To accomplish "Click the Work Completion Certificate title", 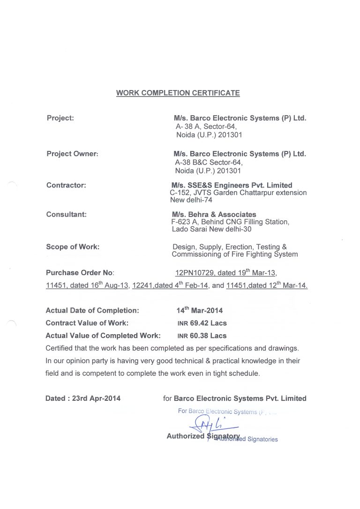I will coord(178,93).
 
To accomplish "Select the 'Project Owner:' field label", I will coord(72,154).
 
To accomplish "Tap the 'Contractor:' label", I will coord(66,185).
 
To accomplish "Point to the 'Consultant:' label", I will coord(67,214).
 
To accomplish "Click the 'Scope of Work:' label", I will coord(73,247).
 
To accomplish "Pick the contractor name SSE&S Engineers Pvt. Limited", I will coord(232,185).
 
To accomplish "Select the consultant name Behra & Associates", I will coord(214,214).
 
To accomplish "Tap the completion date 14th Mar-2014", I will coord(200,310).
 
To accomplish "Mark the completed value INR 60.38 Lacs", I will coord(202,336).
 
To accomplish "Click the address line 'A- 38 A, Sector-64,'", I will coord(206,127).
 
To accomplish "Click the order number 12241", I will coord(142,285).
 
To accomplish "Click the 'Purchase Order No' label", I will coord(80,273).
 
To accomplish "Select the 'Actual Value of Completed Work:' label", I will coord(103,336).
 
